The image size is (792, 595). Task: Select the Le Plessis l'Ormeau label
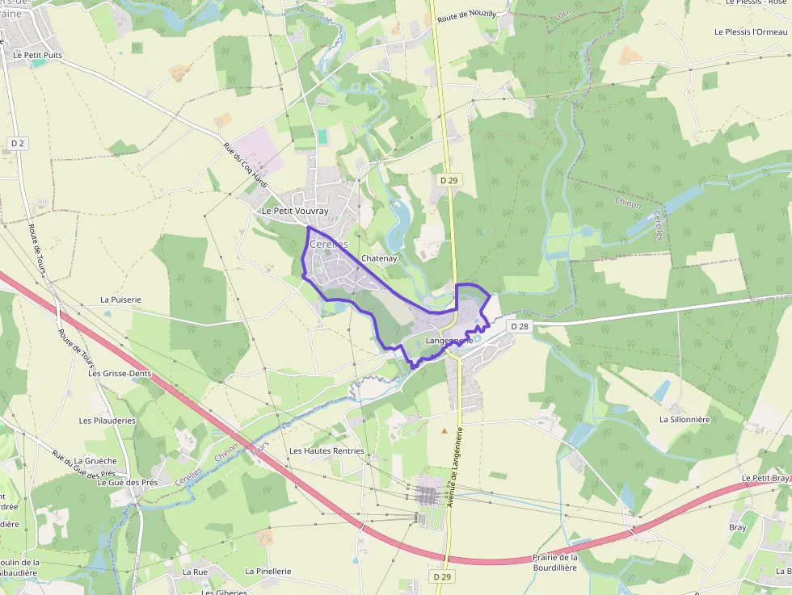tap(751, 31)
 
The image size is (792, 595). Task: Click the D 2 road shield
tap(17, 143)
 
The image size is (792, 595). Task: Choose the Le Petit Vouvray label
tap(295, 211)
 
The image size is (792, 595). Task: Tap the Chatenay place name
tap(379, 258)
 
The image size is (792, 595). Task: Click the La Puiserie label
tap(120, 299)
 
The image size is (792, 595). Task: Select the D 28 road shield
tap(519, 326)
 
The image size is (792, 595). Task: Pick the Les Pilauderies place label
tap(107, 421)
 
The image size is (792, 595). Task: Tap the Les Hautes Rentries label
tap(326, 450)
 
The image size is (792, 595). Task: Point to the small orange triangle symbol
tap(444, 431)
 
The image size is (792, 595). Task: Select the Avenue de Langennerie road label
tap(453, 467)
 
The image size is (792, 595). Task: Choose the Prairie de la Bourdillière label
tap(555, 562)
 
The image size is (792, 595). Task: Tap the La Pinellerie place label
tap(268, 571)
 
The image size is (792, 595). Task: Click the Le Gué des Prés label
tap(128, 482)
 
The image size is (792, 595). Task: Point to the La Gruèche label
tap(101, 461)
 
